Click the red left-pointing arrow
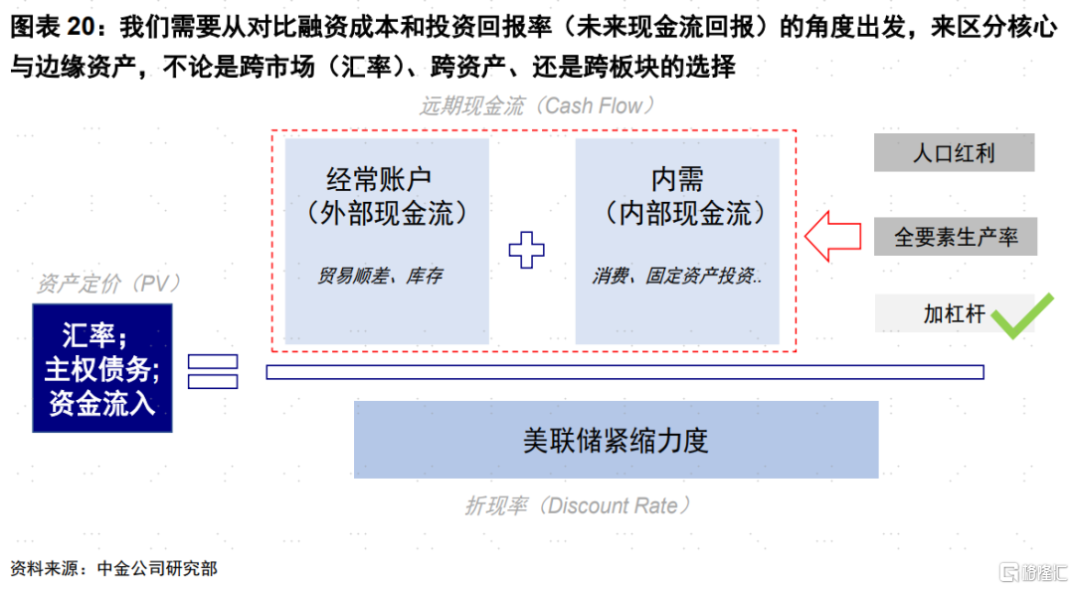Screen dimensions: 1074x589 (833, 236)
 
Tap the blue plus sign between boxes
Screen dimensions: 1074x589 (527, 250)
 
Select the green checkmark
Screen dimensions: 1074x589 (1022, 315)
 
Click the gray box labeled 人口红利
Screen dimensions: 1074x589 (954, 152)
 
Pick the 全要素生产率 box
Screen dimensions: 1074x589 (956, 237)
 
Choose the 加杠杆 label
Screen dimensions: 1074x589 (954, 314)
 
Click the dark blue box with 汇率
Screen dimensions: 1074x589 (102, 368)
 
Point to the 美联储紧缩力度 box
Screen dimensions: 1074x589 (616, 440)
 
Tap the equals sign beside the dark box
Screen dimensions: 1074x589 (213, 372)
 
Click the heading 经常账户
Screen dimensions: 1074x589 (379, 180)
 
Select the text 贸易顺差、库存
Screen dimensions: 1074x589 (380, 276)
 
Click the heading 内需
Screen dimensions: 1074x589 (677, 180)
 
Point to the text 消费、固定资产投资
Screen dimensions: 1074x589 (677, 276)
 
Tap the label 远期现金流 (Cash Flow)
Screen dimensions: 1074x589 (537, 105)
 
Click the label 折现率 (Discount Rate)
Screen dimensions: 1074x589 (578, 506)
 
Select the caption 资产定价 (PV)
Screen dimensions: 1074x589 (108, 284)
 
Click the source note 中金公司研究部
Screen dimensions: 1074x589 (157, 568)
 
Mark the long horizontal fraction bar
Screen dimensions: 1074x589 (625, 372)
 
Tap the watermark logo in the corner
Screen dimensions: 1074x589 (1033, 571)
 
